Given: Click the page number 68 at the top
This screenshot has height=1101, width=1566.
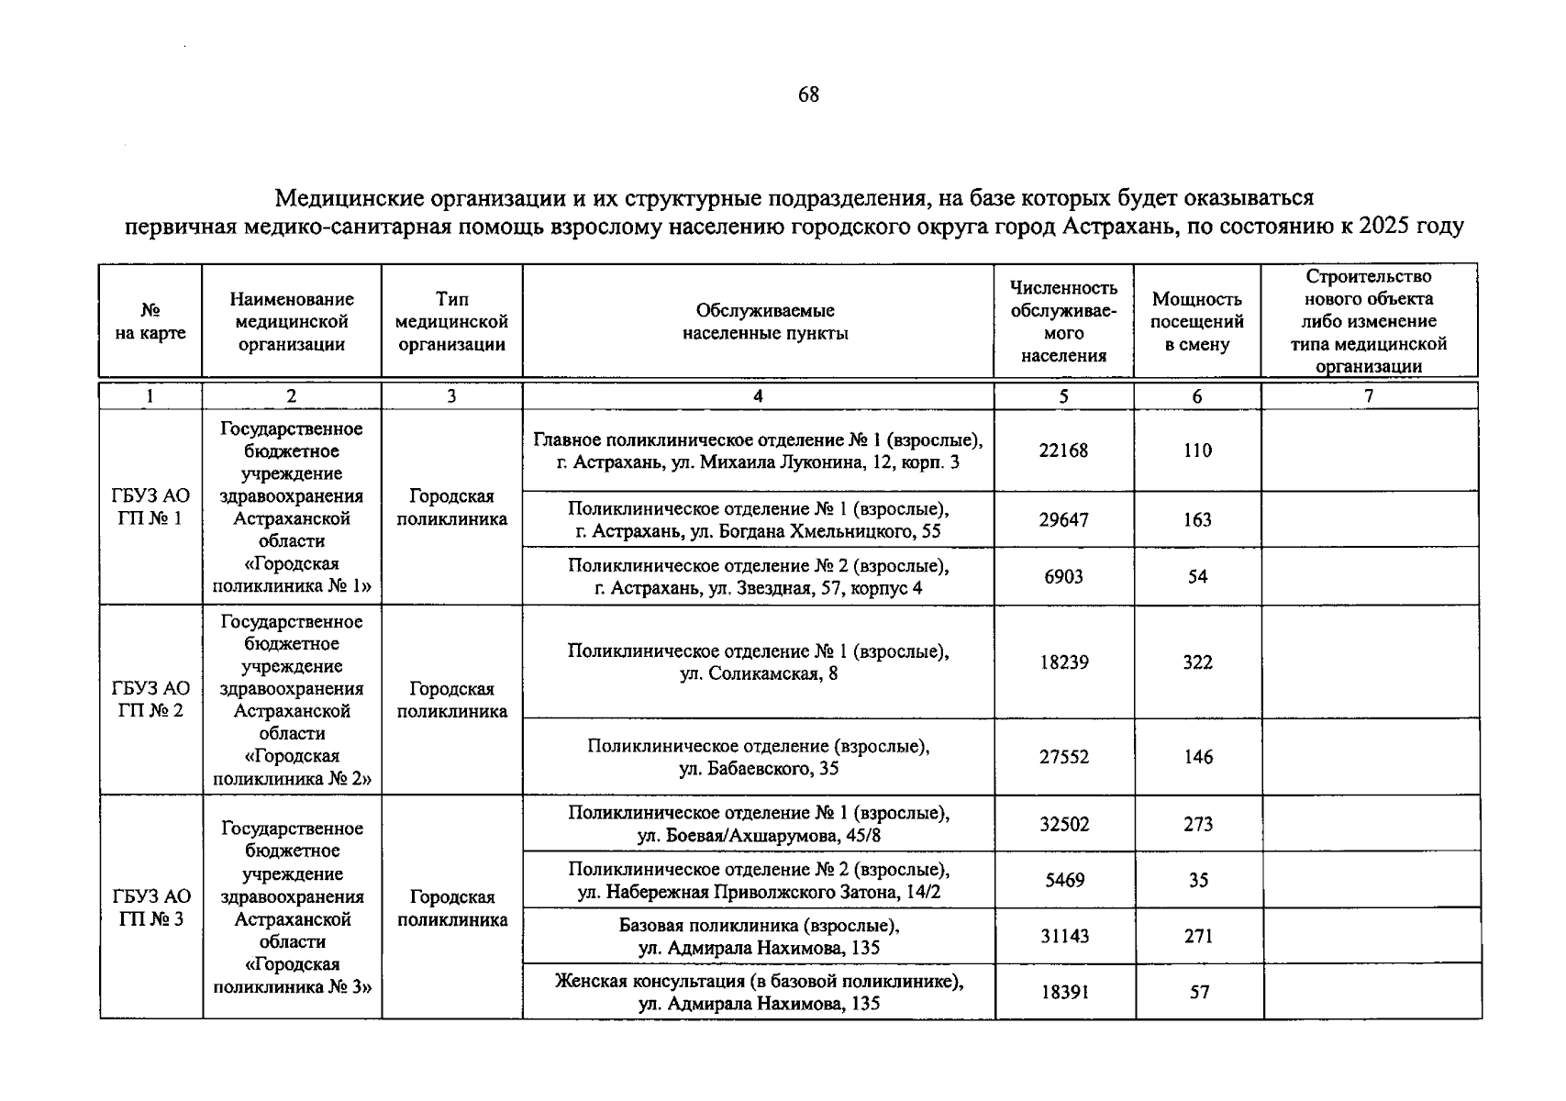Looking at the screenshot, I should (808, 95).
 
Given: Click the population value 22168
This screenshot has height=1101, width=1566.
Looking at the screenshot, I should (1063, 450).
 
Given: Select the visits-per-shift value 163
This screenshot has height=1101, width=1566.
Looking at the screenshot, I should (1197, 520).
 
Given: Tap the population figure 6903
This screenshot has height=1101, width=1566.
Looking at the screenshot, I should (1063, 576).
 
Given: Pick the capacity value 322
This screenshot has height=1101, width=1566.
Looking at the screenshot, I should (1197, 662).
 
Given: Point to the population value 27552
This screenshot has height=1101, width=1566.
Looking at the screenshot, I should (1063, 757).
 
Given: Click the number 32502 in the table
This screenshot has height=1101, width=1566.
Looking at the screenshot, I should (1063, 824).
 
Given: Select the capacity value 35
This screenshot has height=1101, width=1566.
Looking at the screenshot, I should (1198, 881).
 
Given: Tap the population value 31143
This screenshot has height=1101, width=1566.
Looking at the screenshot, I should (1063, 937).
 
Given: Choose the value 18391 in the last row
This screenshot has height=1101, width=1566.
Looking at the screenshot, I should (1063, 993).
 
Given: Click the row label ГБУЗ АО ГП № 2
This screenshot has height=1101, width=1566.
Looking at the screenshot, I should (150, 699).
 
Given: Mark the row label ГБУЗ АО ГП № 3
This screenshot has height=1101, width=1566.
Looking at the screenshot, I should (150, 907).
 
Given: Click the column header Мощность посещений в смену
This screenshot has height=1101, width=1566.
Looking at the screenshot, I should (1197, 322).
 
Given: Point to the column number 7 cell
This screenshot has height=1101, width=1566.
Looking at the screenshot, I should (1369, 396).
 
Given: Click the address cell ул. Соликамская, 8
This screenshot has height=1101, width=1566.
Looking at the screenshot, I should (758, 662).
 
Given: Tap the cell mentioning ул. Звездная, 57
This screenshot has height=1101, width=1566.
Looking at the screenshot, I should (758, 576).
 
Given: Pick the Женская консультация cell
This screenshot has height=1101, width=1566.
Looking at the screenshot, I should (758, 993).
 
